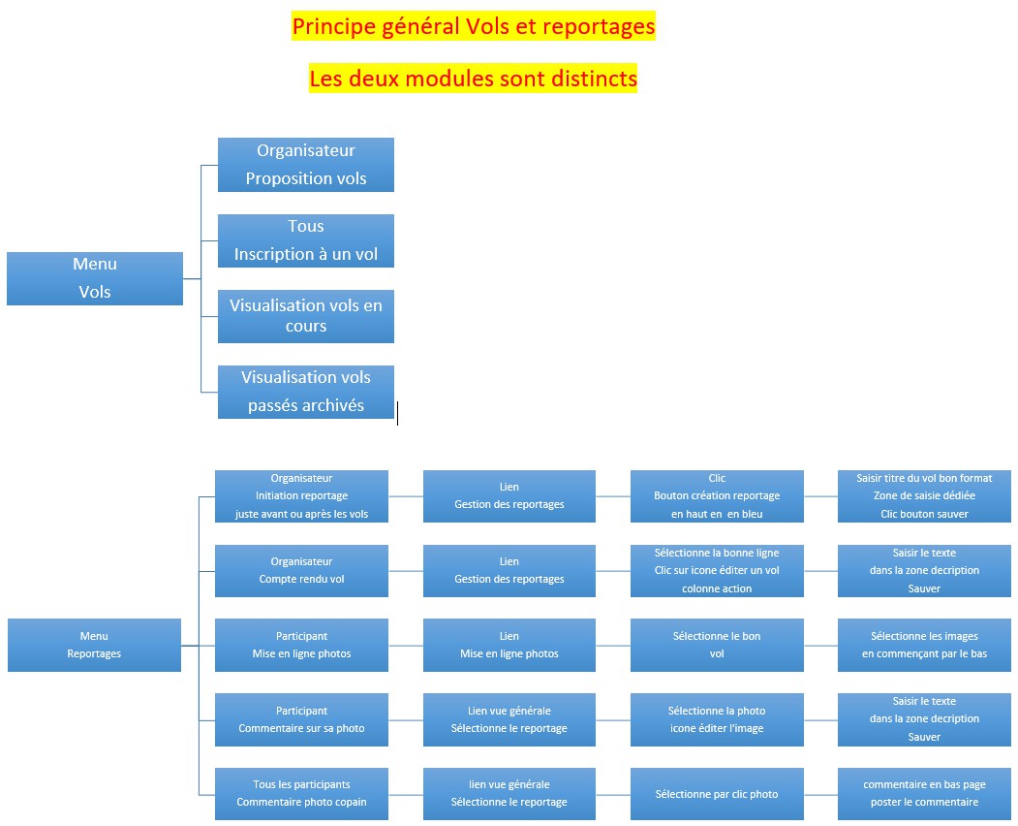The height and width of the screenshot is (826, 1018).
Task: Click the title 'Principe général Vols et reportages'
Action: (474, 26)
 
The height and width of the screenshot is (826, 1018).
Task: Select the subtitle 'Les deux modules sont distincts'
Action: (474, 78)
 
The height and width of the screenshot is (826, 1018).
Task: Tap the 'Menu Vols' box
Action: (95, 278)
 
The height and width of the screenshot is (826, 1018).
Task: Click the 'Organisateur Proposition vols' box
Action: (306, 165)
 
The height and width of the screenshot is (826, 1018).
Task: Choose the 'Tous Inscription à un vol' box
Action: (306, 240)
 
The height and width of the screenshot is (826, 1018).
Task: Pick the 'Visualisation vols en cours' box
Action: (306, 316)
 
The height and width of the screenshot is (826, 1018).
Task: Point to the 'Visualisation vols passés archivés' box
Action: (306, 392)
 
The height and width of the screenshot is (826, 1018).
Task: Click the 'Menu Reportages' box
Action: (94, 645)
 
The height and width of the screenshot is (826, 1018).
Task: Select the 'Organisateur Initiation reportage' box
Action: (301, 496)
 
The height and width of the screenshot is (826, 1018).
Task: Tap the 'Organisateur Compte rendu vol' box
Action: (301, 570)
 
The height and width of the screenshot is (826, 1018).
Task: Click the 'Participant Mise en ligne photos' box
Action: (301, 645)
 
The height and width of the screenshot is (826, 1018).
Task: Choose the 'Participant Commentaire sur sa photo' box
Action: (301, 719)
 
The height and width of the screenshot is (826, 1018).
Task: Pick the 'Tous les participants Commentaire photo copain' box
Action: (301, 793)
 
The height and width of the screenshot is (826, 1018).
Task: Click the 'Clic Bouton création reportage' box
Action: (717, 496)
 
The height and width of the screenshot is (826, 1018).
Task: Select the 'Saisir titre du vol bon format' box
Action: (924, 496)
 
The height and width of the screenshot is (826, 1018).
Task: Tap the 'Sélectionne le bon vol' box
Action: (717, 645)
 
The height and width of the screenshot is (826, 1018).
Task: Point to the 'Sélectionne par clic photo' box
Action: (717, 794)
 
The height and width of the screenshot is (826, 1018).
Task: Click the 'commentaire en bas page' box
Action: (924, 793)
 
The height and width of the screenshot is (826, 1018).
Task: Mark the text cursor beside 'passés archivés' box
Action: (397, 414)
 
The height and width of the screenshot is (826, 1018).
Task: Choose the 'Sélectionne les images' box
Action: (924, 645)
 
